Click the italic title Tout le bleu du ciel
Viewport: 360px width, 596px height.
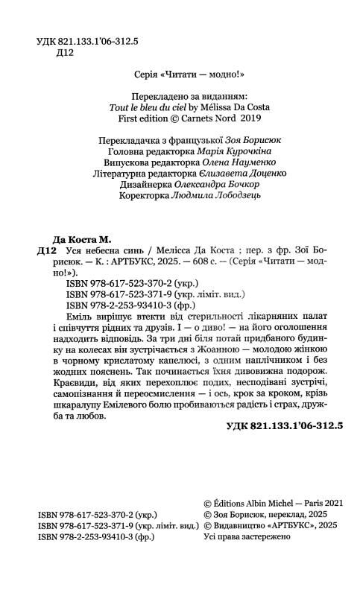(153, 107)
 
